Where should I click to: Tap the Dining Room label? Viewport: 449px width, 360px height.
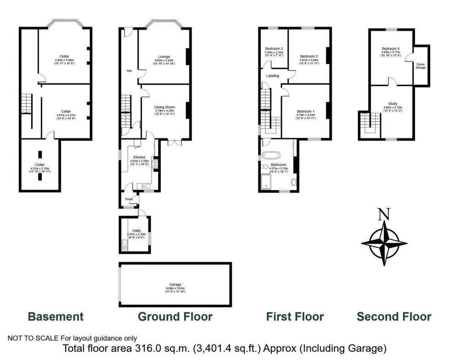[x=164, y=107]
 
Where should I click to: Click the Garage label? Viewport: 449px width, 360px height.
[x=175, y=285]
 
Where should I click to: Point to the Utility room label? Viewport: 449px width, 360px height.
[x=136, y=231]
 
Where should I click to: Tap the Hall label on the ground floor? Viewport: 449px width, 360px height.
[x=129, y=71]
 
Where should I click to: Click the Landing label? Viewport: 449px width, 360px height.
[x=273, y=76]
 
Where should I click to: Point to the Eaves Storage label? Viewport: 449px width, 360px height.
[x=421, y=66]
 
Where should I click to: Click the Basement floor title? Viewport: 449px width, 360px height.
[x=56, y=316]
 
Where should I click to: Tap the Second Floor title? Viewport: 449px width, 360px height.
[x=394, y=316]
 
